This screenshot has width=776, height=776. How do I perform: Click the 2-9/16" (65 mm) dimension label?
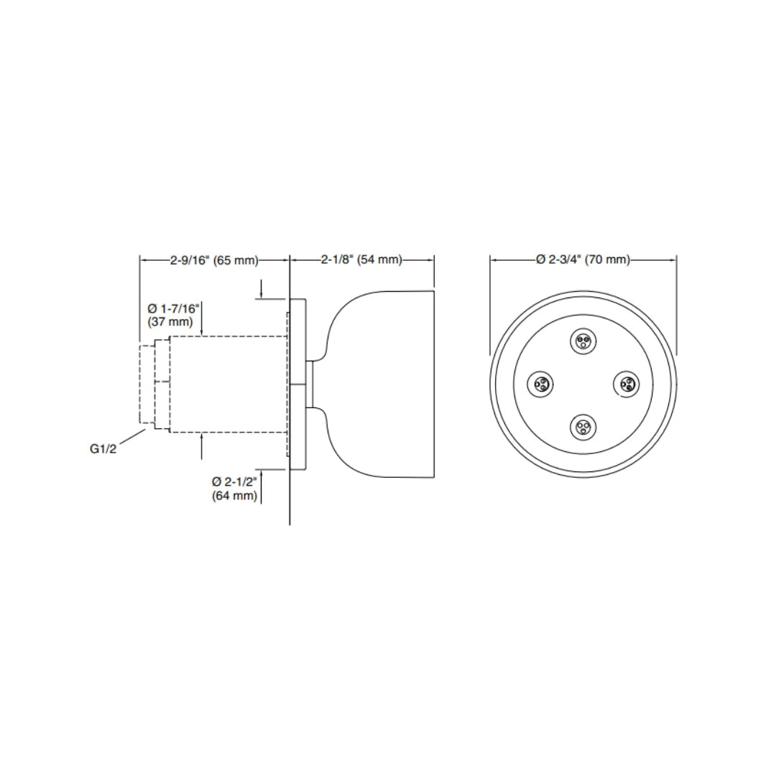pyautogui.click(x=213, y=260)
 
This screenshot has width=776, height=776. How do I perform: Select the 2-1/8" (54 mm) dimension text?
pyautogui.click(x=361, y=260)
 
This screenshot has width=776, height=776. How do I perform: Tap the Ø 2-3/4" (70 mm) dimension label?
pyautogui.click(x=583, y=260)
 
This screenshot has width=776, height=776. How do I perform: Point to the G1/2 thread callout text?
pyautogui.click(x=103, y=449)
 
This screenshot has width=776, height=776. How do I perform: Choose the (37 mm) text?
pyautogui.click(x=170, y=322)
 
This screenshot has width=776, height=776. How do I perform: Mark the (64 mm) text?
pyautogui.click(x=235, y=496)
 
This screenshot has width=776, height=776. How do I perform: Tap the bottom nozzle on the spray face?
pyautogui.click(x=583, y=428)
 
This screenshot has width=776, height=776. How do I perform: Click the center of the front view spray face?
pyautogui.click(x=583, y=384)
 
